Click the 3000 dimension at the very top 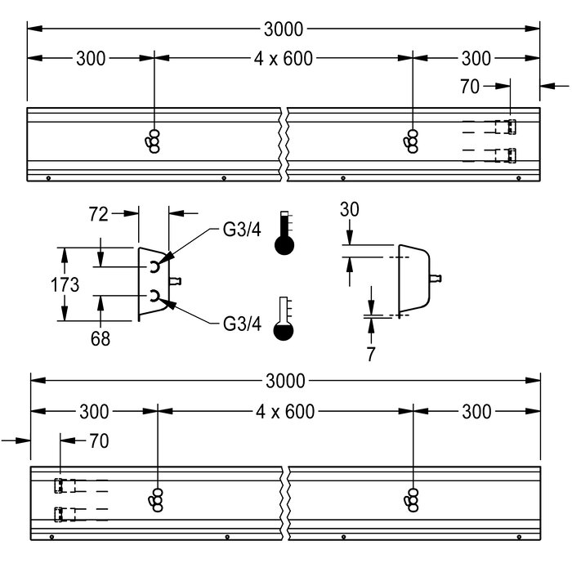(284, 29)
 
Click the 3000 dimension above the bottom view (285, 381)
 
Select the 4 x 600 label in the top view (284, 58)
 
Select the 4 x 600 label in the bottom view (284, 411)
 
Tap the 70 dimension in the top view (470, 86)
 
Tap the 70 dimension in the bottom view (98, 440)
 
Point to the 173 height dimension (64, 284)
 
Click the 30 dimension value (350, 210)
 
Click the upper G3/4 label (242, 230)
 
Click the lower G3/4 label (242, 324)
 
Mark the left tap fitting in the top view (154, 140)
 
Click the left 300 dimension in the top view (91, 58)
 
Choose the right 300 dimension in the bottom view (476, 411)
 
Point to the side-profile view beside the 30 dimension (415, 278)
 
